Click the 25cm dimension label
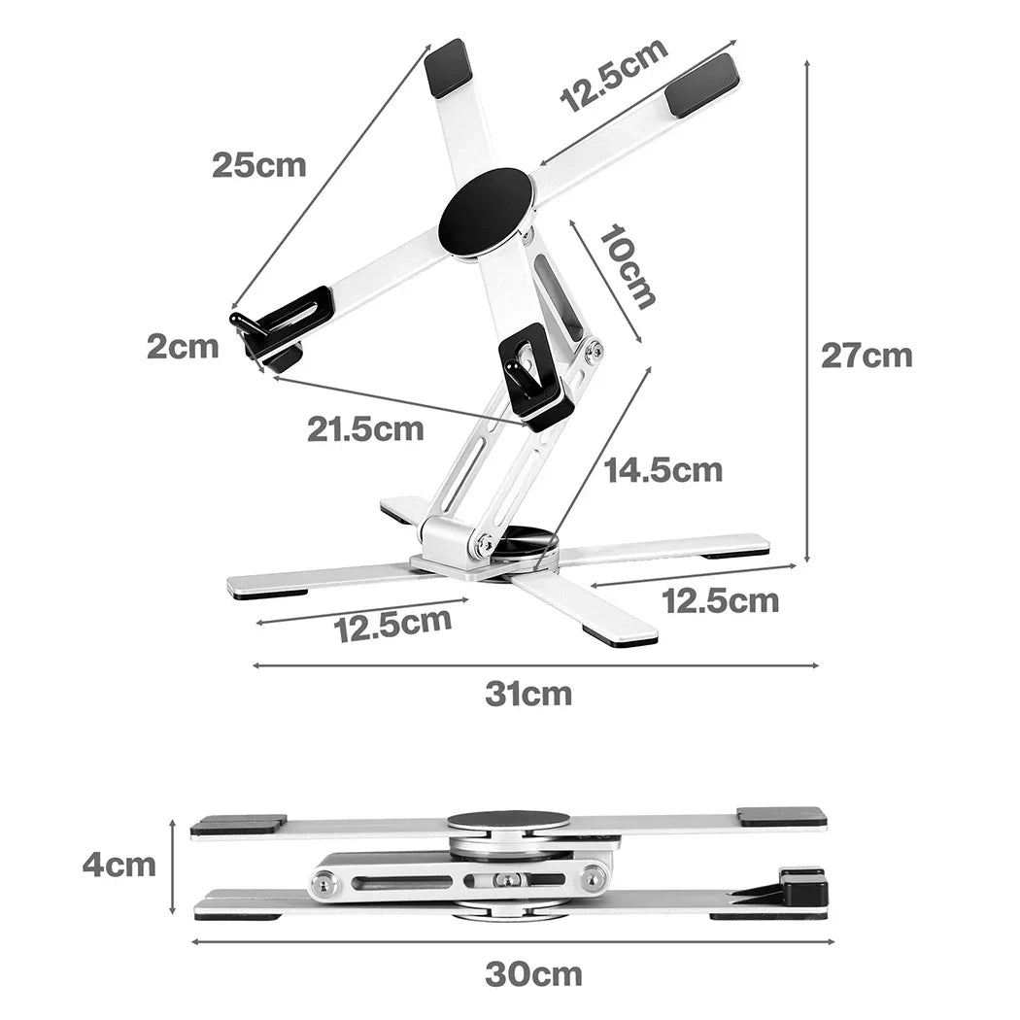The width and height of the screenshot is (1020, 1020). (x=259, y=165)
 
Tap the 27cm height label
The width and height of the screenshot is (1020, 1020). (x=867, y=356)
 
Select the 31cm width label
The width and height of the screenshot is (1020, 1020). (x=528, y=695)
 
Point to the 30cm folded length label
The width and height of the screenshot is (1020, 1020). (x=533, y=974)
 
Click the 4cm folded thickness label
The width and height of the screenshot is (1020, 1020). (x=119, y=866)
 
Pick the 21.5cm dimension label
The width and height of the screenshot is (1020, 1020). (x=365, y=428)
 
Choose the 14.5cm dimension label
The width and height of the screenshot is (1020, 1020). (x=663, y=469)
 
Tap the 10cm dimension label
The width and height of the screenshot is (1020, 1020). (x=626, y=267)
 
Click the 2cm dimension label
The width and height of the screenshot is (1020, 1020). (x=183, y=347)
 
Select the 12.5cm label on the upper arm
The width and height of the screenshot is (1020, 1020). (x=614, y=75)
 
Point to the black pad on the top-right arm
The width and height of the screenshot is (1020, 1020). (x=702, y=85)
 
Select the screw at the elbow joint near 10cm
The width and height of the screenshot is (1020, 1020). (x=592, y=352)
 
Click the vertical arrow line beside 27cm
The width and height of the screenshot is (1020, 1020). (x=807, y=312)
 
